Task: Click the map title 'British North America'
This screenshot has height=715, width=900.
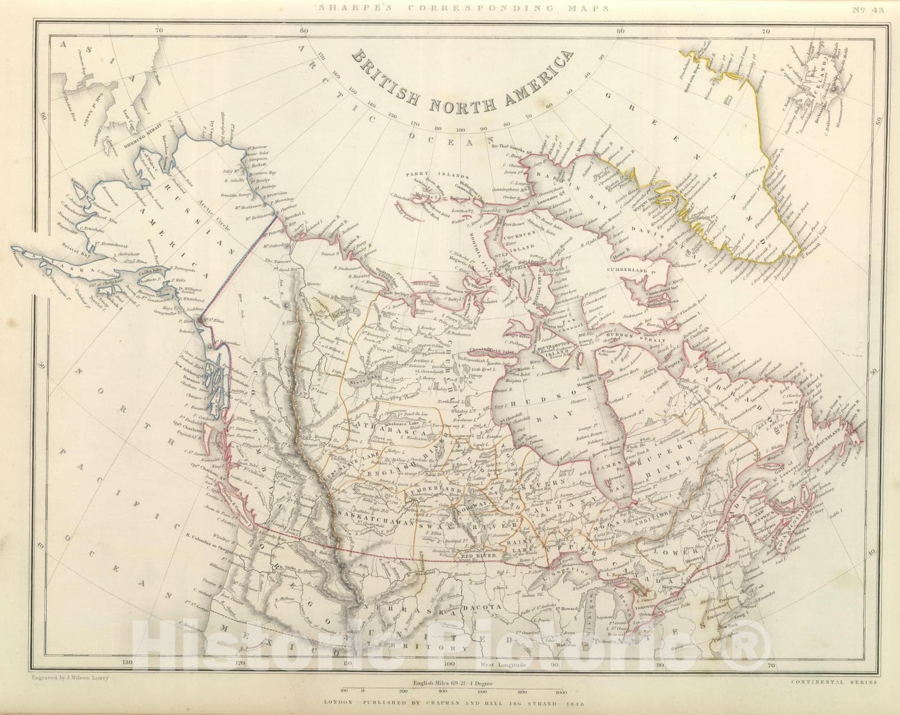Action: (461, 79)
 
